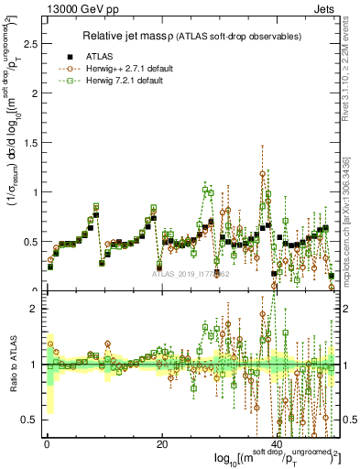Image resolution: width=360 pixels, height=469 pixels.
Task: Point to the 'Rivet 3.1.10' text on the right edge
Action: click(x=353, y=64)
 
